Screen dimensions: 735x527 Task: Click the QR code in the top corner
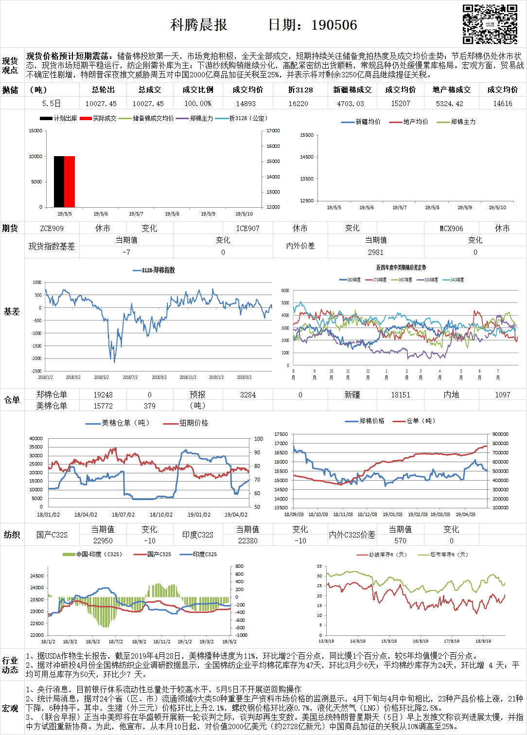pyautogui.click(x=490, y=24)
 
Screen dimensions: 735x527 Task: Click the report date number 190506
pyautogui.click(x=334, y=25)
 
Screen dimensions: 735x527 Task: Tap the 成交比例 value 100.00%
pyautogui.click(x=198, y=104)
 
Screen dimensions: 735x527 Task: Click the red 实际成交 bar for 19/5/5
pyautogui.click(x=70, y=181)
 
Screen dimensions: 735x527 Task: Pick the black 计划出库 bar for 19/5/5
pyautogui.click(x=59, y=181)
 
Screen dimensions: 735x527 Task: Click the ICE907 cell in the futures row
pyautogui.click(x=247, y=228)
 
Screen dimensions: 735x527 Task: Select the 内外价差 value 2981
pyautogui.click(x=375, y=252)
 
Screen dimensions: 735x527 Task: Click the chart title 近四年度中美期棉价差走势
pyautogui.click(x=401, y=268)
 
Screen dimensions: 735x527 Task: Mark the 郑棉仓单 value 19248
pyautogui.click(x=103, y=395)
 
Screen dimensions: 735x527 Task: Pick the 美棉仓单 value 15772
pyautogui.click(x=103, y=406)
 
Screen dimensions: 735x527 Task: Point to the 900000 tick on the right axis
pyautogui.click(x=500, y=434)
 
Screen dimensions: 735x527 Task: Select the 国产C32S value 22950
pyautogui.click(x=103, y=540)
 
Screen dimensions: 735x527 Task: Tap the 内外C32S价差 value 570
pyautogui.click(x=400, y=540)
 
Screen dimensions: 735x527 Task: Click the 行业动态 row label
pyautogui.click(x=10, y=665)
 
